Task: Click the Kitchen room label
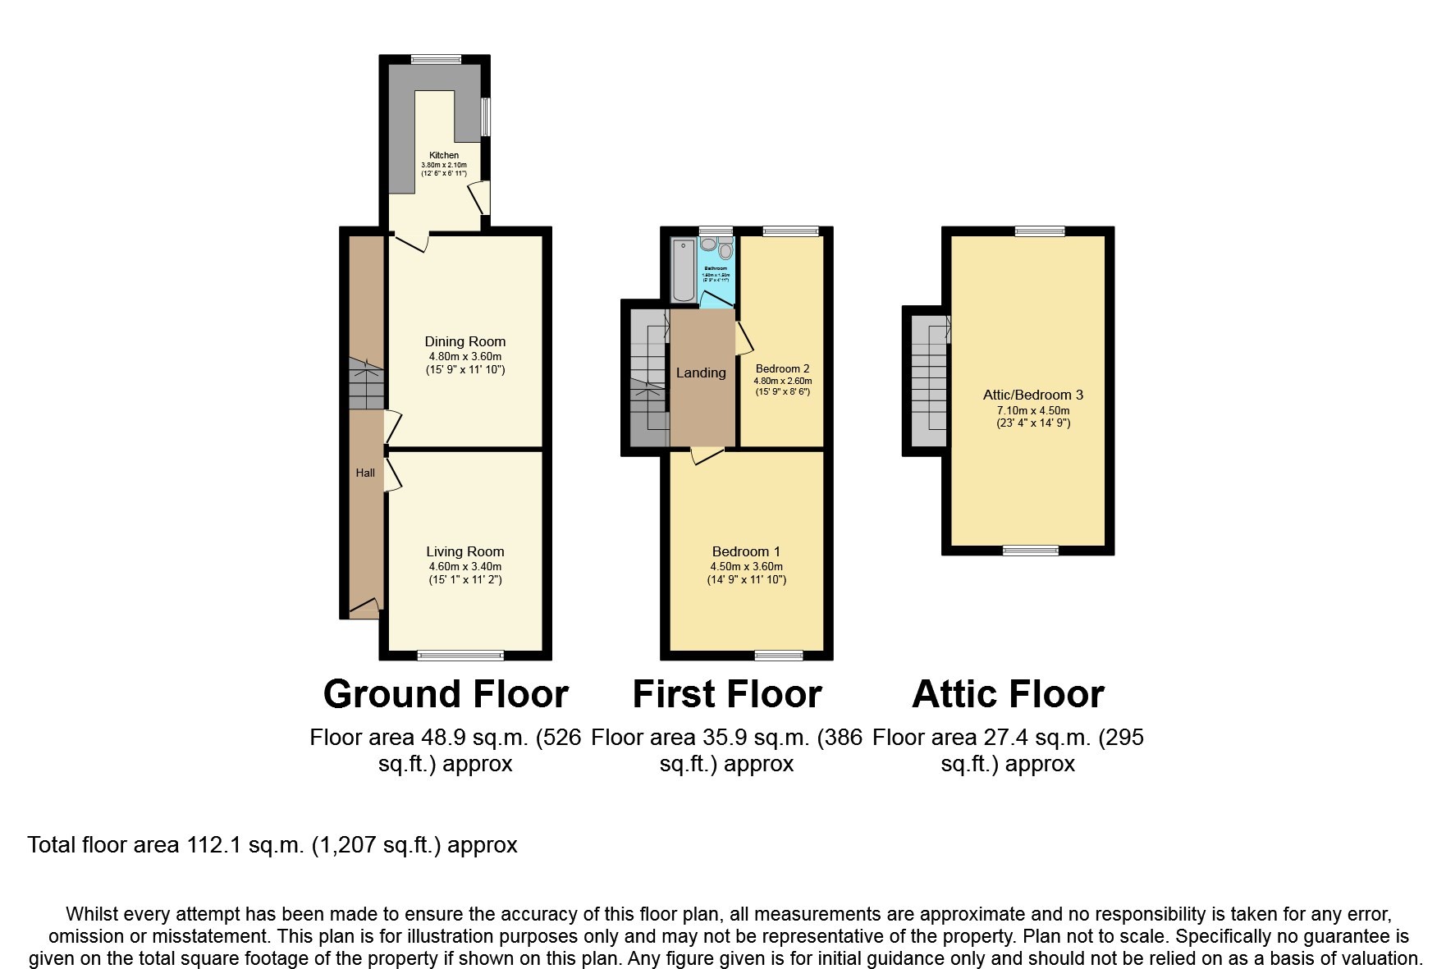pos(444,155)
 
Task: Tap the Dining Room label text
pos(464,341)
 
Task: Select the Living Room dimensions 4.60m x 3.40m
pos(464,566)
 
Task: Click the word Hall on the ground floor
pos(365,473)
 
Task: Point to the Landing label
pos(701,373)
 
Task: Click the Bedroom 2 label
pos(782,368)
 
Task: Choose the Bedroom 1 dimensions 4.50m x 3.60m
pos(746,566)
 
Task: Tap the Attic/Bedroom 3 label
pos(1032,395)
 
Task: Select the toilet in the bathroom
pos(725,251)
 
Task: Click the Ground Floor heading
pos(446,694)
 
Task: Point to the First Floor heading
pos(726,694)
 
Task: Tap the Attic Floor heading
pos(1008,694)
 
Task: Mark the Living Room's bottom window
pos(460,655)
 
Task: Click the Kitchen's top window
pos(436,59)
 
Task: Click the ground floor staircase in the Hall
pos(366,384)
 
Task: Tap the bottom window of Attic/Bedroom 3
pos(1031,551)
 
